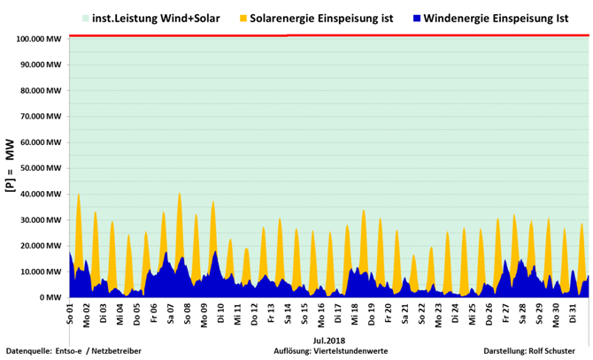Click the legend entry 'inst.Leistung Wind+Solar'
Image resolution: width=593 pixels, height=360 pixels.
tap(156, 18)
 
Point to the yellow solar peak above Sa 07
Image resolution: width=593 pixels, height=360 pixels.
tap(180, 194)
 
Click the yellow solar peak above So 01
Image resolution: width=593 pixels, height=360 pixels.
tap(79, 194)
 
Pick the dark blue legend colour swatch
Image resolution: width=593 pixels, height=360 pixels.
tap(417, 18)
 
